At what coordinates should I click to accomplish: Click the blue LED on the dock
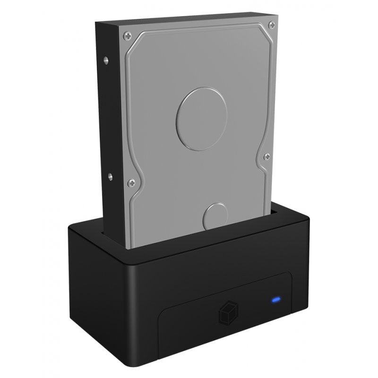click(275, 299)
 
